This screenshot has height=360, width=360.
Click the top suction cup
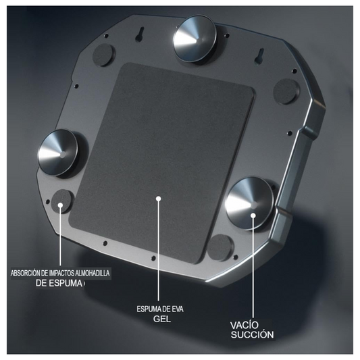tap(195, 39)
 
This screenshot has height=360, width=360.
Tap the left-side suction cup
tap(59, 153)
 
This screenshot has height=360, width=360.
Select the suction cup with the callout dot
tap(251, 203)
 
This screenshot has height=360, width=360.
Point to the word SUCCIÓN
tap(253, 335)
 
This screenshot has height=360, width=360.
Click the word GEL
tap(162, 319)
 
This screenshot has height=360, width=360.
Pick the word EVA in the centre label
tap(178, 309)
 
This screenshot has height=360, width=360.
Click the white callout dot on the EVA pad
tap(158, 199)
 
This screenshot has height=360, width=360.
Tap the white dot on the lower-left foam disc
tap(60, 205)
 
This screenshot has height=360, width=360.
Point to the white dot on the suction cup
tap(253, 215)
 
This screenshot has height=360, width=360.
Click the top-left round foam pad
tap(103, 55)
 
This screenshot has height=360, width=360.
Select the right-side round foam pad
tap(286, 91)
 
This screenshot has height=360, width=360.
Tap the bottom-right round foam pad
tap(220, 247)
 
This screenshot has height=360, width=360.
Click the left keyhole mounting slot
tap(141, 34)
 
